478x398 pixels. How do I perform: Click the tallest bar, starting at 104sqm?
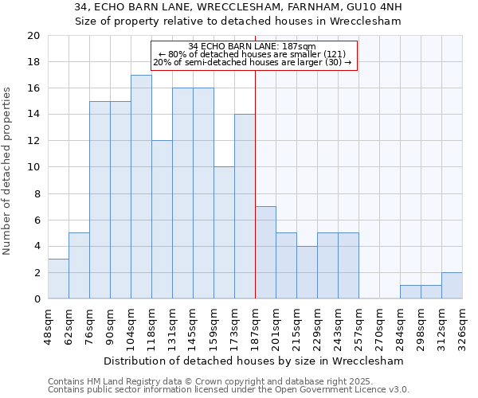click(x=141, y=187)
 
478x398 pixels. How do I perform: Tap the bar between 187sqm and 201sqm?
click(x=265, y=252)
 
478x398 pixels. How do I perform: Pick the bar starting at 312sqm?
click(x=452, y=285)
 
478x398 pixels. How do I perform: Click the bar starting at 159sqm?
click(x=224, y=232)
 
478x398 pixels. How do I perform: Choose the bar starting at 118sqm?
click(x=162, y=220)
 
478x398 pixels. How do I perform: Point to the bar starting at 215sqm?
click(x=307, y=272)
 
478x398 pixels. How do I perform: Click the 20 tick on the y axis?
click(x=33, y=36)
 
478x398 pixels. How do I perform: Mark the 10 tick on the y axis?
click(x=33, y=167)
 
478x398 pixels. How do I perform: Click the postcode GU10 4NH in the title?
click(x=375, y=7)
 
